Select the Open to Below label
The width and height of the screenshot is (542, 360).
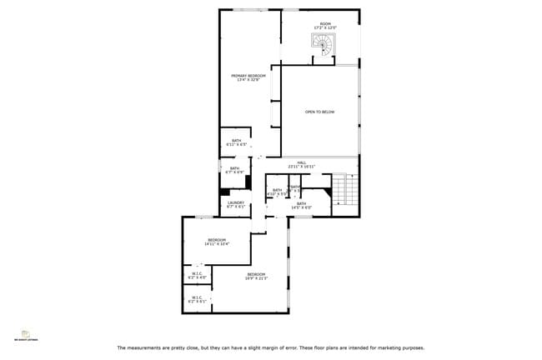[x=319, y=112]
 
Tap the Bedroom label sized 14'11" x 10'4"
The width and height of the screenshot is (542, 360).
[x=216, y=240]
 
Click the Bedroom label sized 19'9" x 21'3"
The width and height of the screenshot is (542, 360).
[x=255, y=274]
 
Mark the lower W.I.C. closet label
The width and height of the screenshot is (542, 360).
[x=198, y=297]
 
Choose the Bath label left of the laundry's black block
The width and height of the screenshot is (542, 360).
[x=235, y=169]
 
